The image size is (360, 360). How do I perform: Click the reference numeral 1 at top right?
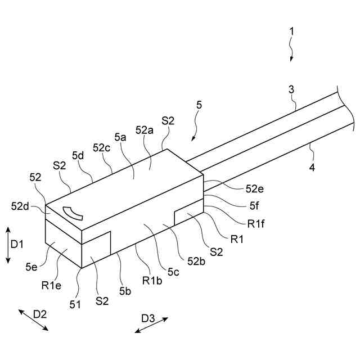[x=291, y=31]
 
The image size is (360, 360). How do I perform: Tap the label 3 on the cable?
[x=291, y=89]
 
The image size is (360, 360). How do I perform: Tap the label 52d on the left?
[x=20, y=207]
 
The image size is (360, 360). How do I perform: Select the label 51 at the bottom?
[x=75, y=304]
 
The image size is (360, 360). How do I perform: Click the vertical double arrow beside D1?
[x=7, y=245]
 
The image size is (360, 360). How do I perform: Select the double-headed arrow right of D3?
[x=151, y=325]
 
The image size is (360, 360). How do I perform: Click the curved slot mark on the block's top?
[x=72, y=213]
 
